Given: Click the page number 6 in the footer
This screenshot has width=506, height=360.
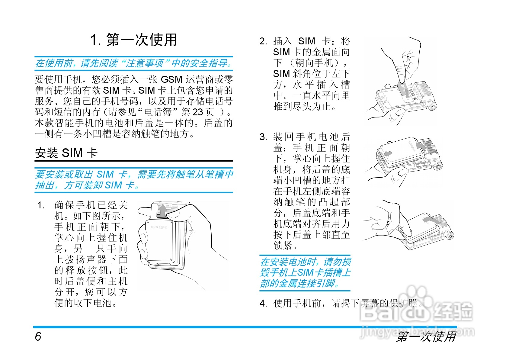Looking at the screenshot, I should point(38,336).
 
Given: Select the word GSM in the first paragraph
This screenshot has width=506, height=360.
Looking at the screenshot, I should point(171,79).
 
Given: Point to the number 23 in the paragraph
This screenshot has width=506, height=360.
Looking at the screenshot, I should point(198,112).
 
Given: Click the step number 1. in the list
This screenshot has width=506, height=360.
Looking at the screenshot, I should point(41,205).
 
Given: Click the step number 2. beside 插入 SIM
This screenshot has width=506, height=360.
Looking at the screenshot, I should point(263,41).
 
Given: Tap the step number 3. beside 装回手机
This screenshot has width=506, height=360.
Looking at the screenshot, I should point(263,137).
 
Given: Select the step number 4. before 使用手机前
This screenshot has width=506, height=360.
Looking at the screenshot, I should point(263,303).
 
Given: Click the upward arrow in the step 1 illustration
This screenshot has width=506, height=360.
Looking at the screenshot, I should point(163,210).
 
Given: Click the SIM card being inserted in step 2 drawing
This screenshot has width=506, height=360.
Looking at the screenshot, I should point(402,88).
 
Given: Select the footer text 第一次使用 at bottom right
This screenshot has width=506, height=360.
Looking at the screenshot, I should point(426,336).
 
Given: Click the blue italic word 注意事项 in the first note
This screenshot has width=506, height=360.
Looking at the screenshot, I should point(144,63).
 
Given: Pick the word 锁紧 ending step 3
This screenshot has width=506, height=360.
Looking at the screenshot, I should point(283,246).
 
